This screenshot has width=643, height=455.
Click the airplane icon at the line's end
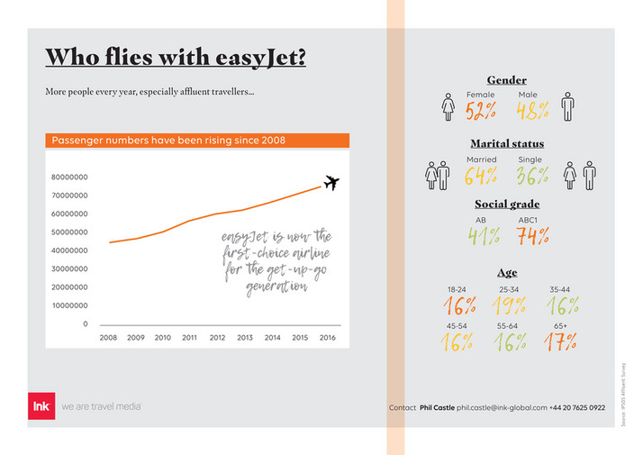point(331,183)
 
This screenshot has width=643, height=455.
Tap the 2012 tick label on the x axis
point(217,338)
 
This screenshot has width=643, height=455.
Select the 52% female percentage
point(481,111)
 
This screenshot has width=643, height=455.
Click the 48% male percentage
point(533,111)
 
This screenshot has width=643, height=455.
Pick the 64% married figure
point(482,176)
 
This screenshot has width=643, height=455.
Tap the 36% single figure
point(532,176)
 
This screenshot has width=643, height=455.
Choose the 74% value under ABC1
point(532,236)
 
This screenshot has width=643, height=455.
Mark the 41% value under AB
point(483,236)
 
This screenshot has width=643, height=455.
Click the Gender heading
point(506,80)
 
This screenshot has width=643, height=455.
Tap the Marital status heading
point(506,143)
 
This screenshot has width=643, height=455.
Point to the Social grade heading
point(507,205)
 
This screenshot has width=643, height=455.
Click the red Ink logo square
point(41,407)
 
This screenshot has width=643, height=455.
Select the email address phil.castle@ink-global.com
point(502,408)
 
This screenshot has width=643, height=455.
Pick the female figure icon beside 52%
point(448,107)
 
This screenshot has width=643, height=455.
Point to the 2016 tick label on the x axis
point(327,338)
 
